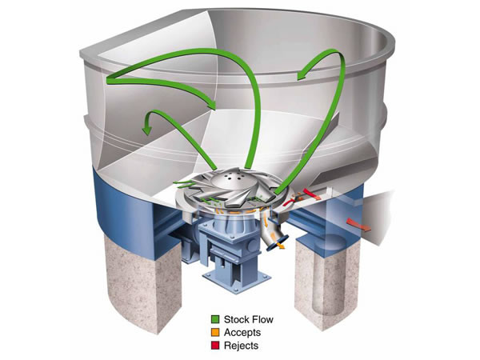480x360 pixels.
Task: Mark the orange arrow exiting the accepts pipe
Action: [x=280, y=249]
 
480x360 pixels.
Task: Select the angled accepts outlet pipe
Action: [x=272, y=235]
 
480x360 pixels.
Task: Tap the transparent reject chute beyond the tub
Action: [x=384, y=208]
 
